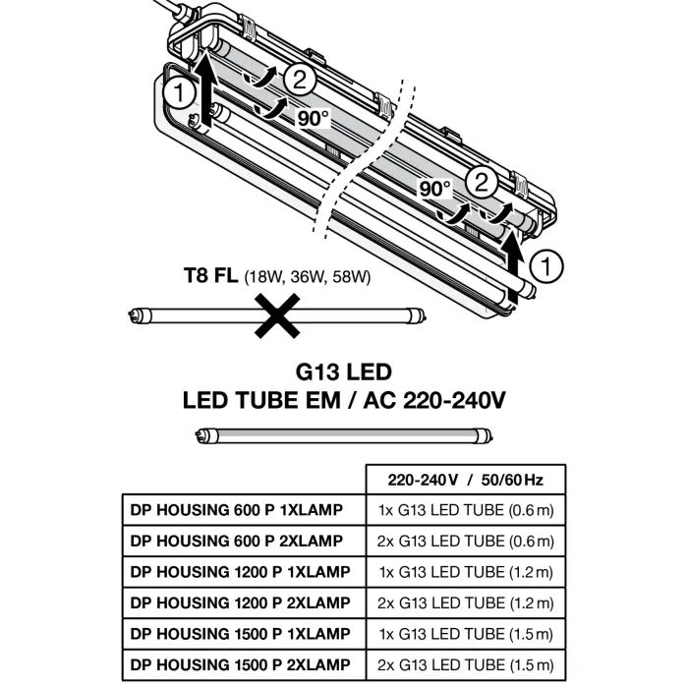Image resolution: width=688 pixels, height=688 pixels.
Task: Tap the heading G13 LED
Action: [344, 373]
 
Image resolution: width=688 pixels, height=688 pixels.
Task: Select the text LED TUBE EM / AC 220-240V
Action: [344, 401]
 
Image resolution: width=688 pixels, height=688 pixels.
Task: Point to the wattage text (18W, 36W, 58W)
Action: [307, 277]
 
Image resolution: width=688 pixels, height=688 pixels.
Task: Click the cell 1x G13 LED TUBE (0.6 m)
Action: [465, 511]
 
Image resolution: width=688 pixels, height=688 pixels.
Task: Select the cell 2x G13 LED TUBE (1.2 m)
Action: [465, 602]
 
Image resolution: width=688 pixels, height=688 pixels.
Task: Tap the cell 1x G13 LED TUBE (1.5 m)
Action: [465, 632]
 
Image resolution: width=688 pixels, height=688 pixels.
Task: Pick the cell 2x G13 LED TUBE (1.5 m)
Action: [465, 661]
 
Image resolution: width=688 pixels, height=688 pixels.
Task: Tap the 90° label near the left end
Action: [314, 117]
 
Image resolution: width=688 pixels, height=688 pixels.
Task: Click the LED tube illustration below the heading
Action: [344, 435]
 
